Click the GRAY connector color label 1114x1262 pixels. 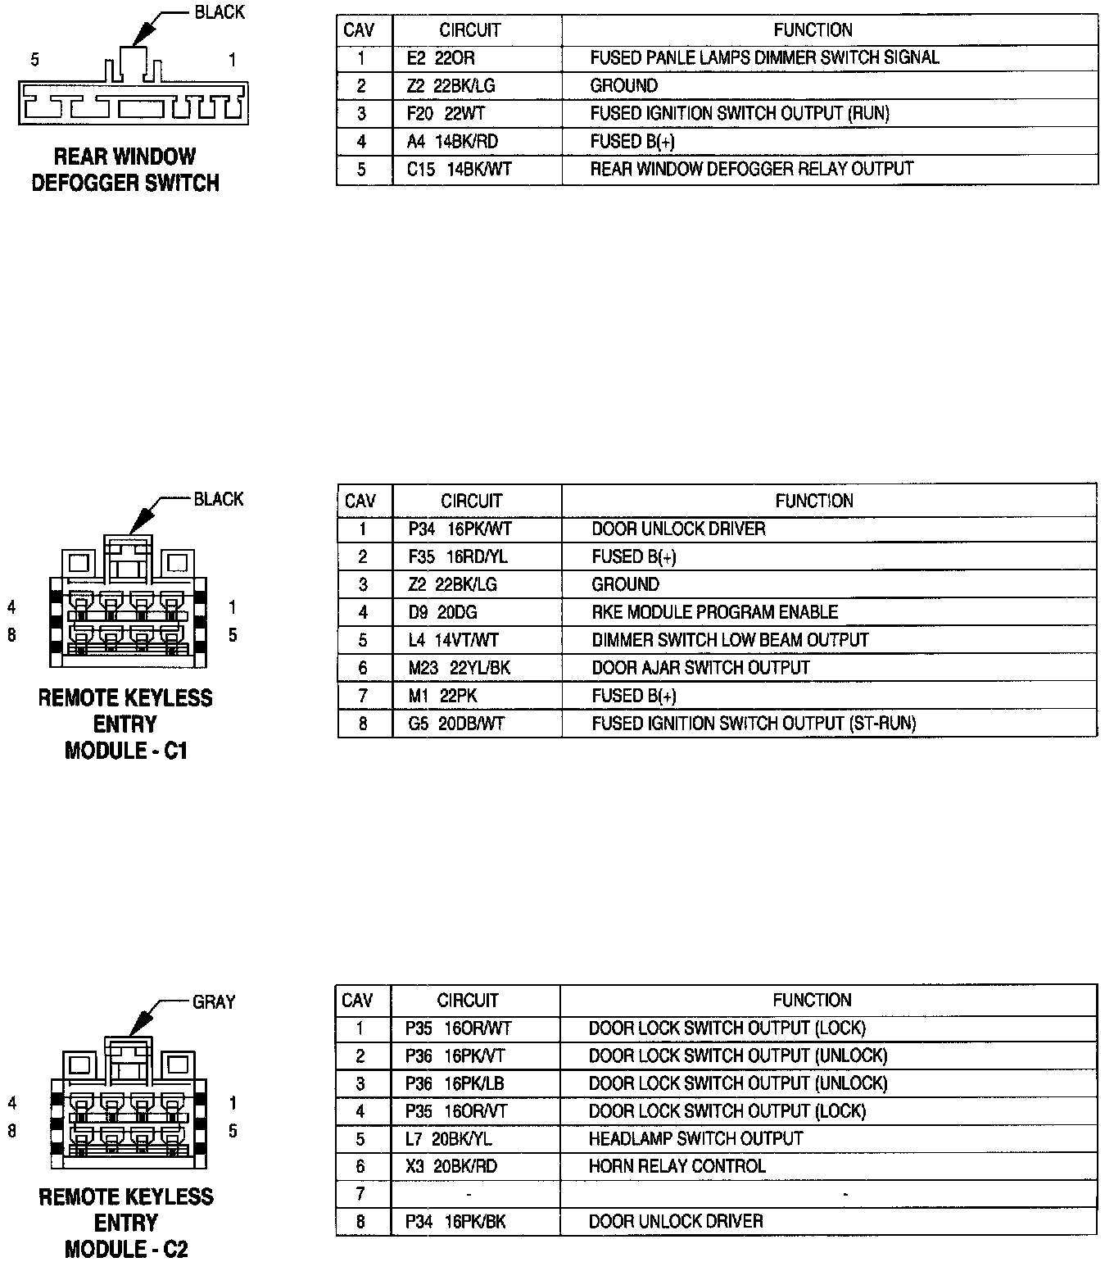tap(213, 1002)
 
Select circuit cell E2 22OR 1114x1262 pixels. tap(441, 58)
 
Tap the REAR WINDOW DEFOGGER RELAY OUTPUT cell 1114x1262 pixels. tap(751, 169)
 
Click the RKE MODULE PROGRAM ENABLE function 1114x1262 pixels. tap(714, 612)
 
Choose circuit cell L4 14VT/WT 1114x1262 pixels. tap(453, 640)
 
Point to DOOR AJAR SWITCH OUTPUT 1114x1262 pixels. tap(700, 668)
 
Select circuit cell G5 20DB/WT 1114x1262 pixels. tap(456, 724)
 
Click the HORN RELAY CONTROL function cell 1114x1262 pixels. tap(677, 1166)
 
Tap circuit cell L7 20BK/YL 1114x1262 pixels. tap(449, 1139)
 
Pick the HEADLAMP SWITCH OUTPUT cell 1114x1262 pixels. tap(695, 1139)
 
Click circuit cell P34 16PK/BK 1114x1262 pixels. tap(455, 1222)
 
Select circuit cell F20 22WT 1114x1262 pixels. tap(446, 113)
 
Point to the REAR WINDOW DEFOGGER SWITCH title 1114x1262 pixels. tap(125, 170)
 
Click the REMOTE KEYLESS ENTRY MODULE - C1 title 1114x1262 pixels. tap(125, 724)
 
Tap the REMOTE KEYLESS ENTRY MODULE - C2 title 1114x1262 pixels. tap(125, 1222)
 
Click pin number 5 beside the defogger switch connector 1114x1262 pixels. tap(34, 60)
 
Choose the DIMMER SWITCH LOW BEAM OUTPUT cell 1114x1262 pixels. tap(730, 640)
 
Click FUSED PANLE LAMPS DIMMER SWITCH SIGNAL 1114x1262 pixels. tap(764, 58)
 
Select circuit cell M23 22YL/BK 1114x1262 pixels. tap(459, 668)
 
